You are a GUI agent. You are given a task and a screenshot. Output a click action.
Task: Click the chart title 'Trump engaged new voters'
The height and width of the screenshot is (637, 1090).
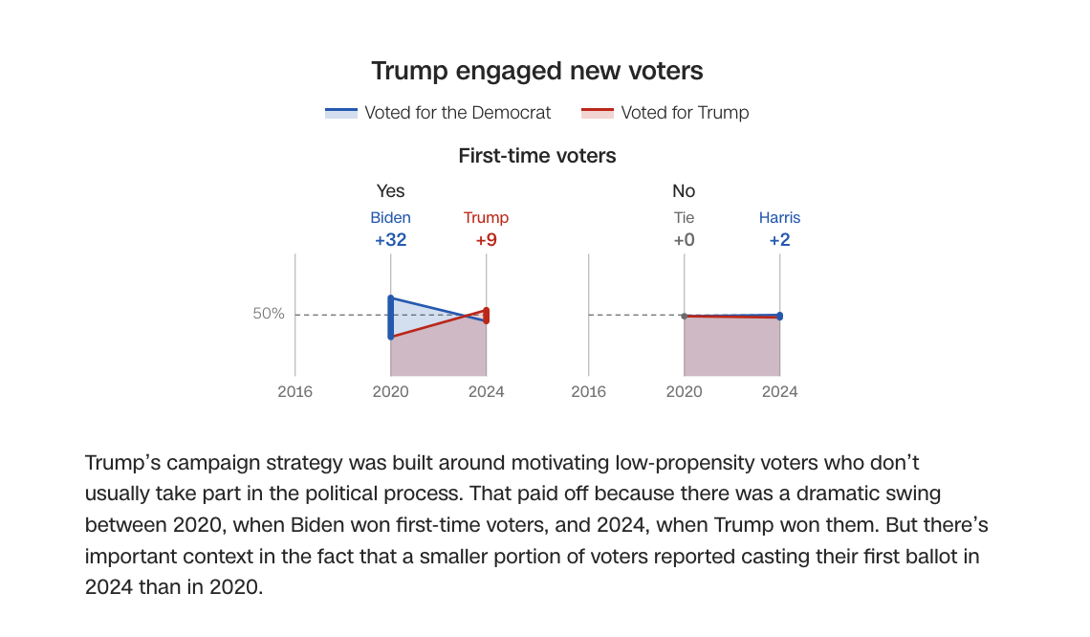click(536, 71)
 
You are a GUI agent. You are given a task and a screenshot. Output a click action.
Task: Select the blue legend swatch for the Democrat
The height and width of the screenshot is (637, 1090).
click(341, 113)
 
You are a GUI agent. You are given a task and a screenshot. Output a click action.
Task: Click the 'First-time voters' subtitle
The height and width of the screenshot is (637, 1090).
click(537, 155)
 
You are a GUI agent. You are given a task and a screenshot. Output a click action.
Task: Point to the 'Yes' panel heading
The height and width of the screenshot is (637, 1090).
click(390, 191)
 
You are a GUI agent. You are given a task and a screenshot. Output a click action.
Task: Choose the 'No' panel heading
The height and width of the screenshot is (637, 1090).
click(684, 191)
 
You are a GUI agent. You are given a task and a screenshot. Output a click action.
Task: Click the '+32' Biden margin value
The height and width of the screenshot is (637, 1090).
click(390, 240)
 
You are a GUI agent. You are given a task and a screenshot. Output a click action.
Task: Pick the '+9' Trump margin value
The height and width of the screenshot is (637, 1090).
click(486, 240)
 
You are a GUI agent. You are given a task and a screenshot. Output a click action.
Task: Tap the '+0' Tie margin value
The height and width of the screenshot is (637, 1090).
click(684, 240)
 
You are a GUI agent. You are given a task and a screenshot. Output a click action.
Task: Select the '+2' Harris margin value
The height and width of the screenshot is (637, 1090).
click(779, 240)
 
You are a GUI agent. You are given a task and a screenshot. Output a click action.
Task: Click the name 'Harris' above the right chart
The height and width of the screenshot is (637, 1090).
click(779, 218)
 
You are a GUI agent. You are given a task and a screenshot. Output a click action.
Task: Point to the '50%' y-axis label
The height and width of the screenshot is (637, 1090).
click(269, 314)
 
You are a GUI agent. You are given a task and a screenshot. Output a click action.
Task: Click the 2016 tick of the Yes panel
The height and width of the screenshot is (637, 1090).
click(294, 391)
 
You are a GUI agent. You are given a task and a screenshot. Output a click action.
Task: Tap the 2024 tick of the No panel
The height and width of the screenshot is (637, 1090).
click(779, 391)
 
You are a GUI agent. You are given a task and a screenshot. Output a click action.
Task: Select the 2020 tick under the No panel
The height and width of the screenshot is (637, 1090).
click(684, 391)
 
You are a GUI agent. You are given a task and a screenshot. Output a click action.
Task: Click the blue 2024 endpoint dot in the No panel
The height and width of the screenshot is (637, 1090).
click(779, 316)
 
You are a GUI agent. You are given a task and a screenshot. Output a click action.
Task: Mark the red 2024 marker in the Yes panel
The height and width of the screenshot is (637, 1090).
click(486, 315)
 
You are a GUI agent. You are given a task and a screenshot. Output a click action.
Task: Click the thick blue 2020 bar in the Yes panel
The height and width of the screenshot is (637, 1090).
click(390, 318)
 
